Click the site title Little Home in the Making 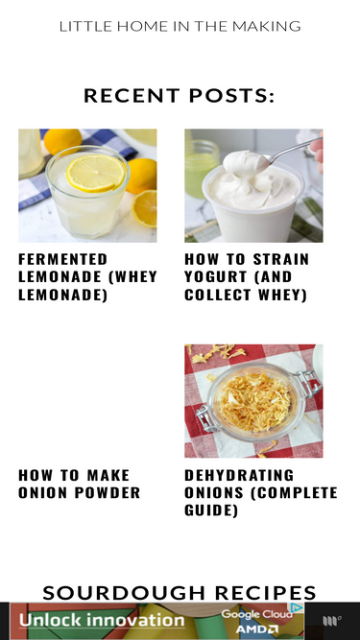(180, 27)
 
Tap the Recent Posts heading (180, 96)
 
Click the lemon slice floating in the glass (96, 173)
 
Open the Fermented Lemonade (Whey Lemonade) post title (87, 276)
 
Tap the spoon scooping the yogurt (286, 151)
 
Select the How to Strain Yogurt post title (247, 276)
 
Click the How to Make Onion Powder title (79, 484)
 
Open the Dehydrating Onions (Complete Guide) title (261, 492)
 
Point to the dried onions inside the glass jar (255, 402)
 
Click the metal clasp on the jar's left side (205, 418)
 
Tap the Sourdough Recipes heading (180, 593)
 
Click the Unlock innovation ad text (102, 621)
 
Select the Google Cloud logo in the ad (256, 614)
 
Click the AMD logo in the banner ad (256, 629)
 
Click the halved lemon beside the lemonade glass (145, 208)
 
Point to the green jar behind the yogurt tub (202, 167)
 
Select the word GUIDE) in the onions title (211, 510)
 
